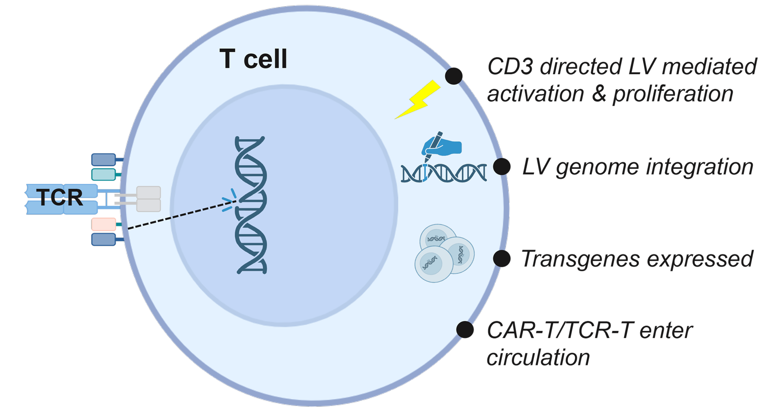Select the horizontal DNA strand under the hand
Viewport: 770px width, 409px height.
tap(444, 173)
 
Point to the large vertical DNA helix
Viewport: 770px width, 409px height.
tap(251, 204)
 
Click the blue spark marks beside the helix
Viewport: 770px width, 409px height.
tap(229, 200)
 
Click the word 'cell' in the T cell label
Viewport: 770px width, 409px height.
tap(265, 59)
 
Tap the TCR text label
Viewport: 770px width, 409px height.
tap(60, 197)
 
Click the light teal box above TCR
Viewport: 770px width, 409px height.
tap(104, 175)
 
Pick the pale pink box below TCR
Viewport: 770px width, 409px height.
tap(104, 223)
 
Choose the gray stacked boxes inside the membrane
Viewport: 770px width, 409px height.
tap(148, 199)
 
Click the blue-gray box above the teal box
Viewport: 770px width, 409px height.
tap(104, 160)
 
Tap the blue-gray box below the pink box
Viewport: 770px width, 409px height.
tap(104, 239)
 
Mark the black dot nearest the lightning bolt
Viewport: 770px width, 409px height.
tap(453, 76)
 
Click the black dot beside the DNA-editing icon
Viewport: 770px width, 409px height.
tap(501, 166)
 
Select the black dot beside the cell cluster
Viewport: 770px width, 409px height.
tap(501, 258)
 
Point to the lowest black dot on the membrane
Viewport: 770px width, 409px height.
tap(465, 330)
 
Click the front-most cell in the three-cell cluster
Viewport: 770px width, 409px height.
tap(433, 264)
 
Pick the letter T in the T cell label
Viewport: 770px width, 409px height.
tap(227, 59)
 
